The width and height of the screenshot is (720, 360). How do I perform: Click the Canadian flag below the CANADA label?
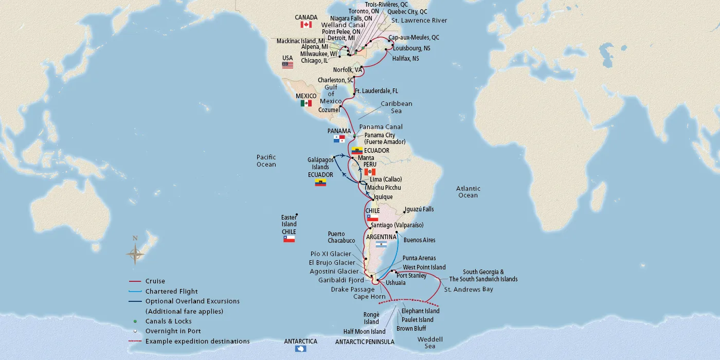point(306,25)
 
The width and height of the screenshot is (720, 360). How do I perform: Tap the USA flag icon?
point(287,65)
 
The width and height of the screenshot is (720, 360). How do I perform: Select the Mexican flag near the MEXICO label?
point(306,103)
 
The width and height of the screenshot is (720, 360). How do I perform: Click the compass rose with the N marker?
point(136,253)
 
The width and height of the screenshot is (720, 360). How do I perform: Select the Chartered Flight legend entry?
point(171,291)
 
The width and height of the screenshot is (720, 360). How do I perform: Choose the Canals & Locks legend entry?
point(169,321)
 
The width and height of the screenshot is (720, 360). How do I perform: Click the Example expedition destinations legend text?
point(197,341)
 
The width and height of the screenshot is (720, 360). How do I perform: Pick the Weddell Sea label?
point(430,343)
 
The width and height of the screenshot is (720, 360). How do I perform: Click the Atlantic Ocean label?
point(468,192)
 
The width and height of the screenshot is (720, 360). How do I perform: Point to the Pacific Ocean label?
point(266,161)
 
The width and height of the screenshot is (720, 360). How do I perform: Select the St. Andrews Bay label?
point(468,290)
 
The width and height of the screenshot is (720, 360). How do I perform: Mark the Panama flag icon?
point(339,139)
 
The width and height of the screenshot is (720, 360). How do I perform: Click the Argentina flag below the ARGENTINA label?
point(381,245)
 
